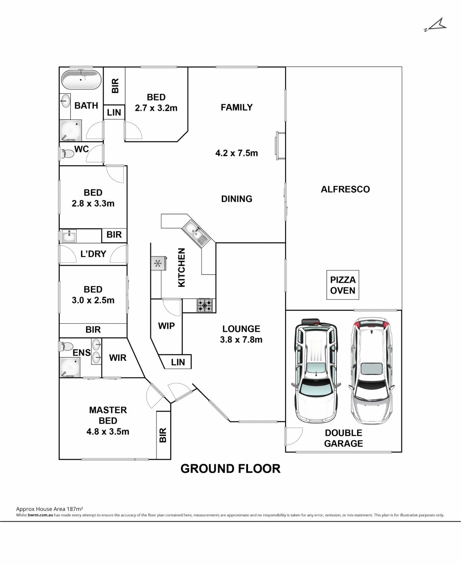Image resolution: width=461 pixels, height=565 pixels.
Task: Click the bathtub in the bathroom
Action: [x=81, y=80]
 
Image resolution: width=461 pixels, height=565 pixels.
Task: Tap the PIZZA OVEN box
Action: [x=342, y=285]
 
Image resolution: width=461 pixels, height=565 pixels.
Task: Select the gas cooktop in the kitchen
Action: [x=205, y=305]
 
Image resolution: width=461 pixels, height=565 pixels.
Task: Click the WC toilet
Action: [x=67, y=154]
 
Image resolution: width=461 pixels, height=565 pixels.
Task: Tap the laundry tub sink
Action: [x=69, y=236]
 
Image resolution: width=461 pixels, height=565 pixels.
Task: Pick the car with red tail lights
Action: [x=372, y=371]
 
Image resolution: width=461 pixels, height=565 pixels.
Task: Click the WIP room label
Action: [x=166, y=326]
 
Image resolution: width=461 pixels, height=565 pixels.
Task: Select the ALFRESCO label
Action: [x=345, y=189]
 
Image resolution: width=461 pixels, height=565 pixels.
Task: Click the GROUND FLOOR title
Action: [x=230, y=469]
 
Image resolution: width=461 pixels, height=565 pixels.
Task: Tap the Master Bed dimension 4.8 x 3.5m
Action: [x=108, y=432]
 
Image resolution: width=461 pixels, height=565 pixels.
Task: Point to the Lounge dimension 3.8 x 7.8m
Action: [x=241, y=339]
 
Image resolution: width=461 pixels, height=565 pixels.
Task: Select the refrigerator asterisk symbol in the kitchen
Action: [x=158, y=264]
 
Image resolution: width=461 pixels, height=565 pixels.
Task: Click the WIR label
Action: [x=117, y=358]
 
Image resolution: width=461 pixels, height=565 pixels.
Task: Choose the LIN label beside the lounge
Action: [x=178, y=362]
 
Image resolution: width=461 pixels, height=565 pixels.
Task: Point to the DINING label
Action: [x=237, y=199]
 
